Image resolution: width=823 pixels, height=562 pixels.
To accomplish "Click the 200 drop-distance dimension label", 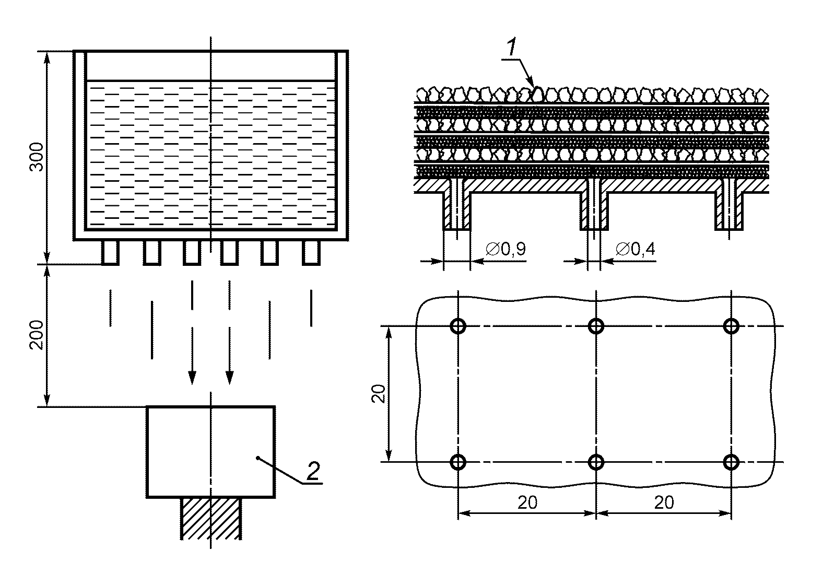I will pos(36,335).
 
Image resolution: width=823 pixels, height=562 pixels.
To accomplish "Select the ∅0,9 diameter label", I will pos(505,250).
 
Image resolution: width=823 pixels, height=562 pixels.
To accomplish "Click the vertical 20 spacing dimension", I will pos(380,393).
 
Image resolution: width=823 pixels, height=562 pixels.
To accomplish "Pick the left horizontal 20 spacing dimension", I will pos(527,502).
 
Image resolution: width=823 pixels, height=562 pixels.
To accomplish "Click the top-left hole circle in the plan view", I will pos(458,326).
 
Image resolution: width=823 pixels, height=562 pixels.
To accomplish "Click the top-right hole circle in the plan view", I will pos(731,326).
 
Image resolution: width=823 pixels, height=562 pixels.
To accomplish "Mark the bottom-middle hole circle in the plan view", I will pos(596,462).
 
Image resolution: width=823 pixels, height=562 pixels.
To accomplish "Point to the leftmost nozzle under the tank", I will pos(110,252).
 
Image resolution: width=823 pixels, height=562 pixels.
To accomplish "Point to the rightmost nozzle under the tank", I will pos(311,252).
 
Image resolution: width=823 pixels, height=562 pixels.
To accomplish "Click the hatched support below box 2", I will pos(211,518).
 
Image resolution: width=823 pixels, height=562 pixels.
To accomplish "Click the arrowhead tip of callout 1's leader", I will pos(533,85).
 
